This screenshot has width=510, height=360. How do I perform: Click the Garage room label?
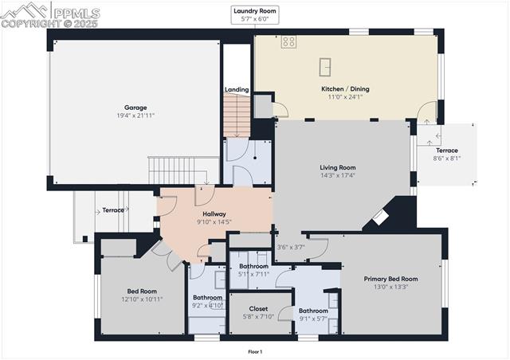point(135,108)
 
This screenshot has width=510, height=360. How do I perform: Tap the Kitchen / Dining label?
point(345,89)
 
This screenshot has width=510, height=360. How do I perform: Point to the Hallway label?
point(214,214)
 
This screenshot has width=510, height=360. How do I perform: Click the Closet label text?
point(258,308)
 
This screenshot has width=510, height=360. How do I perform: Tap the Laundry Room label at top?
point(255,10)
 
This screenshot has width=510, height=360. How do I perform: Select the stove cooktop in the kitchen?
point(288,41)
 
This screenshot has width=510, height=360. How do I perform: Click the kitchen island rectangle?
point(327,66)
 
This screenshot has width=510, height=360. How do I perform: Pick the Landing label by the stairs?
point(236,90)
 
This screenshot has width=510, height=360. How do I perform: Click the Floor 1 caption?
point(255,351)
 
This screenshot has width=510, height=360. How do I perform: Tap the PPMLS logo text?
point(76,13)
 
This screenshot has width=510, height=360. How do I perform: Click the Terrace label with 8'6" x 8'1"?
point(447,151)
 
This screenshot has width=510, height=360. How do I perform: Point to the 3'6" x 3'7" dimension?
point(290,247)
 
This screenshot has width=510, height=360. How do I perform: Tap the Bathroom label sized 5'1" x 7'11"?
point(254,265)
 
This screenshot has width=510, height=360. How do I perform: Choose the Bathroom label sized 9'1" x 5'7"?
point(312,311)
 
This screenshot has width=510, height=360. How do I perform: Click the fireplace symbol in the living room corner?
point(383,214)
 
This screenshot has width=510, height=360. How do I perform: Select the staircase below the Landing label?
point(236,115)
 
